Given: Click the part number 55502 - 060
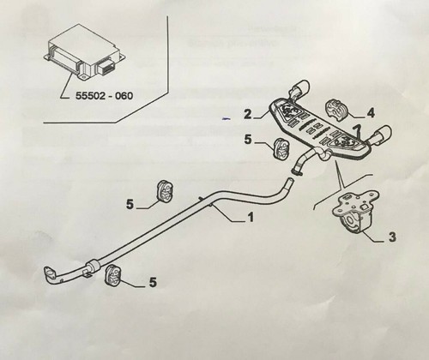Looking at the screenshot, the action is (104, 95).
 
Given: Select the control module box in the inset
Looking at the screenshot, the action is (86, 53).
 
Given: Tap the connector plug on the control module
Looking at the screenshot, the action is (106, 68).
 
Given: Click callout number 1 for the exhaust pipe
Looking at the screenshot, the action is (251, 217).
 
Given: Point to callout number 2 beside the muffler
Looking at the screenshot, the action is (248, 114).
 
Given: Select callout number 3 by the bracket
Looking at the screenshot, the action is (392, 237).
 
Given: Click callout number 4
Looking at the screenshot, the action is (371, 113).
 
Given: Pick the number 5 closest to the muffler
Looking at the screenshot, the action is (248, 140).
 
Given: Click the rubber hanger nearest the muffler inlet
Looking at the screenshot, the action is (281, 148).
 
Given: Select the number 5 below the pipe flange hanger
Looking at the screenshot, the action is (153, 283).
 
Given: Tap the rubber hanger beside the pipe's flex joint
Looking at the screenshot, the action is (113, 275).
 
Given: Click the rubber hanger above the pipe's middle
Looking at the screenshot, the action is (166, 191).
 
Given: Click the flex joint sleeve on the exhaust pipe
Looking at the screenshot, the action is (92, 267).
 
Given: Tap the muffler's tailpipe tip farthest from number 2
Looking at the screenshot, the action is (383, 134).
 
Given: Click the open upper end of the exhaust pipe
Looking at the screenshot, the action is (289, 181).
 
